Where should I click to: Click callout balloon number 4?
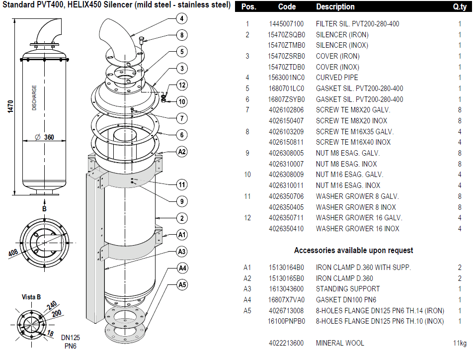(182, 18)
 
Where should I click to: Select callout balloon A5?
(182, 285)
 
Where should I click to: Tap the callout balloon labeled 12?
(182, 85)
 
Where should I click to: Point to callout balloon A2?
(182, 151)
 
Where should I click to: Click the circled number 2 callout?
(182, 218)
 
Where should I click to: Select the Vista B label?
(31, 297)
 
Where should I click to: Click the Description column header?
(335, 7)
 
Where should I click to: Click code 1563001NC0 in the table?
(286, 78)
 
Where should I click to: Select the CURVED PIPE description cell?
(337, 78)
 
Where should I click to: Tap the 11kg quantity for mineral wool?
(459, 343)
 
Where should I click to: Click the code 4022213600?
(286, 343)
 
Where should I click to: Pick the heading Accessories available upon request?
(353, 250)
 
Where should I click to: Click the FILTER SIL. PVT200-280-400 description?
(357, 24)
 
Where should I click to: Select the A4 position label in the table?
(247, 299)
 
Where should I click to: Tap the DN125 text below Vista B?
(71, 338)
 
